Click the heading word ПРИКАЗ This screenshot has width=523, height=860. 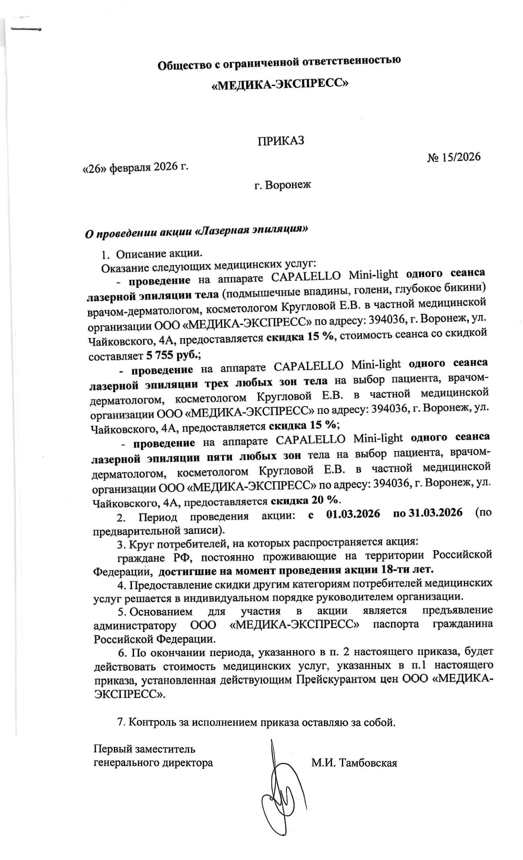click(281, 141)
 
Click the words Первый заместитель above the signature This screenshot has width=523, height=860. click(144, 749)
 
